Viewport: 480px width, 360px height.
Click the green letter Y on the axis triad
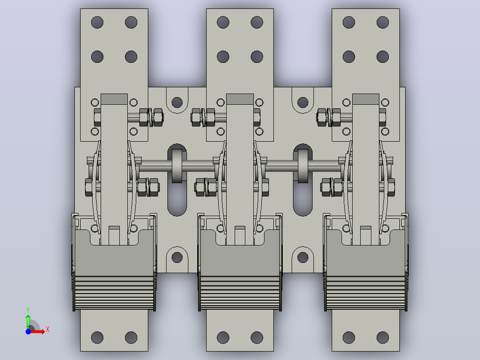pyautogui.click(x=28, y=310)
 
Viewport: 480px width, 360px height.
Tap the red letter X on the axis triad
pyautogui.click(x=48, y=330)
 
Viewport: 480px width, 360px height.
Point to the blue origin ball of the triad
pyautogui.click(x=28, y=331)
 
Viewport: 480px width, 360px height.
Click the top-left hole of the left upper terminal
pyautogui.click(x=98, y=22)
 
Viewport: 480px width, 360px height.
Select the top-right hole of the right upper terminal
pyautogui.click(x=382, y=22)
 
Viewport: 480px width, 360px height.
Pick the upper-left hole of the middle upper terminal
pyautogui.click(x=223, y=22)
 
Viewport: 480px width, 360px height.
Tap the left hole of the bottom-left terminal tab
pyautogui.click(x=98, y=337)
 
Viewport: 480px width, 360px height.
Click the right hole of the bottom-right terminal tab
pyautogui.click(x=382, y=337)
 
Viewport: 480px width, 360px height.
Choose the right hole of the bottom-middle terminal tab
pyautogui.click(x=257, y=337)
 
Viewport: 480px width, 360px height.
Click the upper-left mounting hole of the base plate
pyautogui.click(x=177, y=102)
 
